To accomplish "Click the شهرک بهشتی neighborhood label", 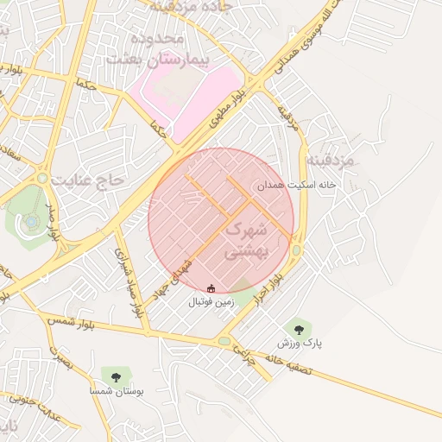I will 249,242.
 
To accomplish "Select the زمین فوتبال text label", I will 212,302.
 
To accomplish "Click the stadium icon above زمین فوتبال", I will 212,287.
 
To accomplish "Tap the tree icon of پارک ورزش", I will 299,328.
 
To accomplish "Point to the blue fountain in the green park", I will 32,222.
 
